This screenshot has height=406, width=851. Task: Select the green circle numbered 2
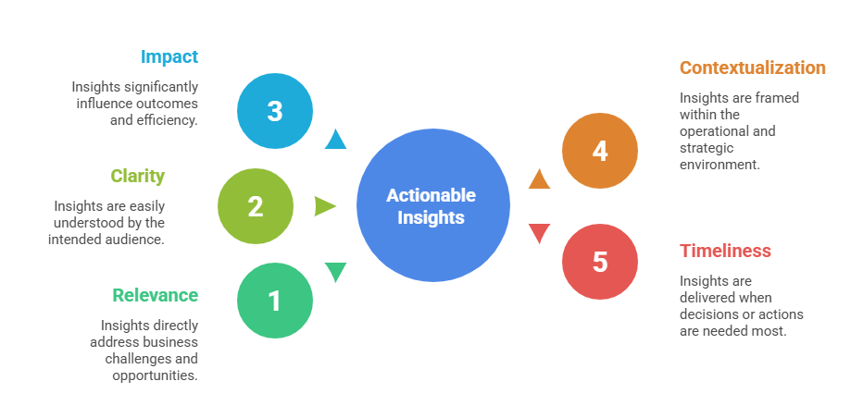tap(256, 206)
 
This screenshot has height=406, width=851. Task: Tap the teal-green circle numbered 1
tap(275, 301)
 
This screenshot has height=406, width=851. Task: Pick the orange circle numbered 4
tap(600, 151)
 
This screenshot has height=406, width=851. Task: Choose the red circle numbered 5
tap(600, 262)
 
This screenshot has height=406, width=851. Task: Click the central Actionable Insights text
tap(432, 206)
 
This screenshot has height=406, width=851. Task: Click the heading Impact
tap(169, 56)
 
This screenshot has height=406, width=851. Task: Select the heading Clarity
tap(137, 176)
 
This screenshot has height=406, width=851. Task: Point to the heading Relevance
tap(156, 295)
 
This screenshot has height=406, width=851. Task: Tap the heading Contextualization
tap(752, 68)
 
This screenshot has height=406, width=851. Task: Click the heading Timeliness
tap(725, 251)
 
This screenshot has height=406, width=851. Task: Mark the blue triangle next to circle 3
tap(335, 140)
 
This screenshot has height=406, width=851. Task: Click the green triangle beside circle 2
tap(324, 206)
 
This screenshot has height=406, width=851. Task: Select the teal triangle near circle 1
tap(335, 272)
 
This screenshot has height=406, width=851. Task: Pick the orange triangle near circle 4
tap(540, 179)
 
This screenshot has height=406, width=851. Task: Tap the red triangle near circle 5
tap(540, 233)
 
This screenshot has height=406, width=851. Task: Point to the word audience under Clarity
tap(136, 240)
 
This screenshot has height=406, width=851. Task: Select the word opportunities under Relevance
tap(155, 375)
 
